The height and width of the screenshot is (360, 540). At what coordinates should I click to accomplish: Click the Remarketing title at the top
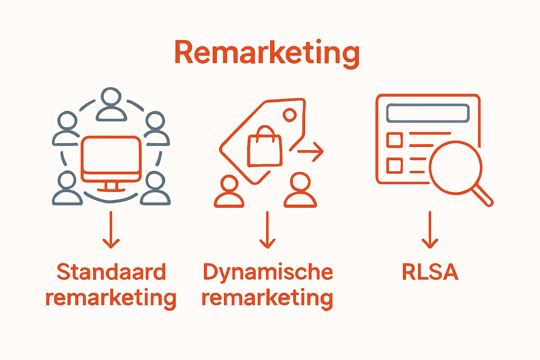click(x=267, y=53)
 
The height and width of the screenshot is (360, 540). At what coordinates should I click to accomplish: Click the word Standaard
click(x=111, y=272)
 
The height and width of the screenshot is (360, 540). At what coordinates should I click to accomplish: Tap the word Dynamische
click(x=268, y=272)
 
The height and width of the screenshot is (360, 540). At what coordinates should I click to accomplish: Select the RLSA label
click(x=430, y=272)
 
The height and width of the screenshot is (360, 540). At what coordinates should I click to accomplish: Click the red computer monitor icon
click(x=111, y=158)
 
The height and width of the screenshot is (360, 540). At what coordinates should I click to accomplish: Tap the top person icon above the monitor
click(x=111, y=104)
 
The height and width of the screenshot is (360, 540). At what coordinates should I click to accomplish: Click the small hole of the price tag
click(x=290, y=115)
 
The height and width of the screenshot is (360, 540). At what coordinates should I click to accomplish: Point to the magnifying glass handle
click(x=483, y=195)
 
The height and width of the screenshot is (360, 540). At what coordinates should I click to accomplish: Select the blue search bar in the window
click(x=428, y=113)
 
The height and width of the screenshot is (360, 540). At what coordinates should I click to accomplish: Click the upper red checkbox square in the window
click(x=394, y=140)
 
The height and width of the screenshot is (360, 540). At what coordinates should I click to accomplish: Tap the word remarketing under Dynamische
click(x=268, y=298)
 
